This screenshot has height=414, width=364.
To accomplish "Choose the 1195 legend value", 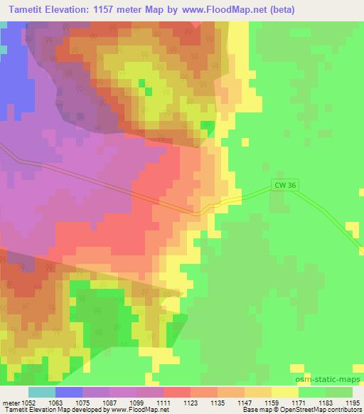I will [x=353, y=403].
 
